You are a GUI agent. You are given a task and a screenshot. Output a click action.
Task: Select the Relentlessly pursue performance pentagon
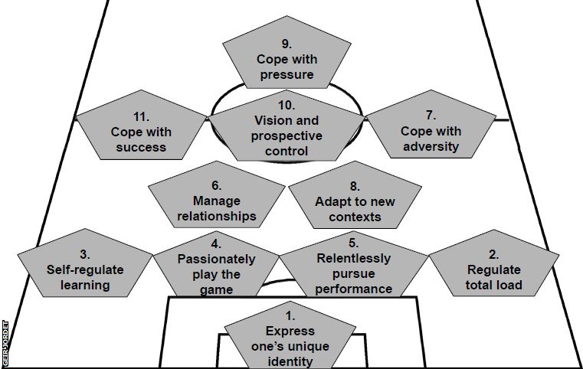(x=352, y=272)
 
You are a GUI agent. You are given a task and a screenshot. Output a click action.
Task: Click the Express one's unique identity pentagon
(x=290, y=341)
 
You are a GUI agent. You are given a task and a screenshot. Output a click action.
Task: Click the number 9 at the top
(x=286, y=44)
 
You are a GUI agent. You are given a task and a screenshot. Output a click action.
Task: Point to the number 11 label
(x=140, y=116)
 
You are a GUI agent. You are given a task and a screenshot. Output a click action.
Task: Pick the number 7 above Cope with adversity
(x=431, y=116)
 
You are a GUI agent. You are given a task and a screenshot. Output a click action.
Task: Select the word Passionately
(x=216, y=260)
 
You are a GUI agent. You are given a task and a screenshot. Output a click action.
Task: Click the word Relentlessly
(x=353, y=258)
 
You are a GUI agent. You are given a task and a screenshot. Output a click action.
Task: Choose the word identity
(x=290, y=361)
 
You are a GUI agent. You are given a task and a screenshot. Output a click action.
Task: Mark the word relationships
(x=217, y=216)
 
